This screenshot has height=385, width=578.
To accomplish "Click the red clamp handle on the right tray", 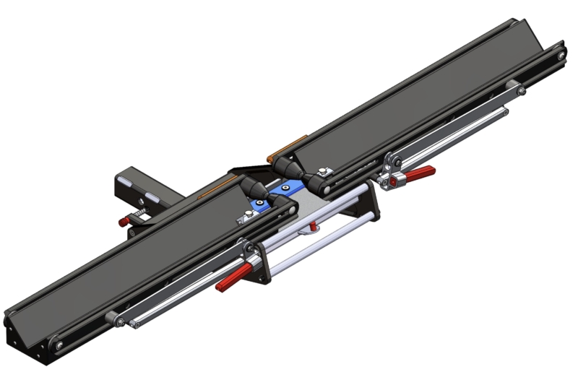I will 419,174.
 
